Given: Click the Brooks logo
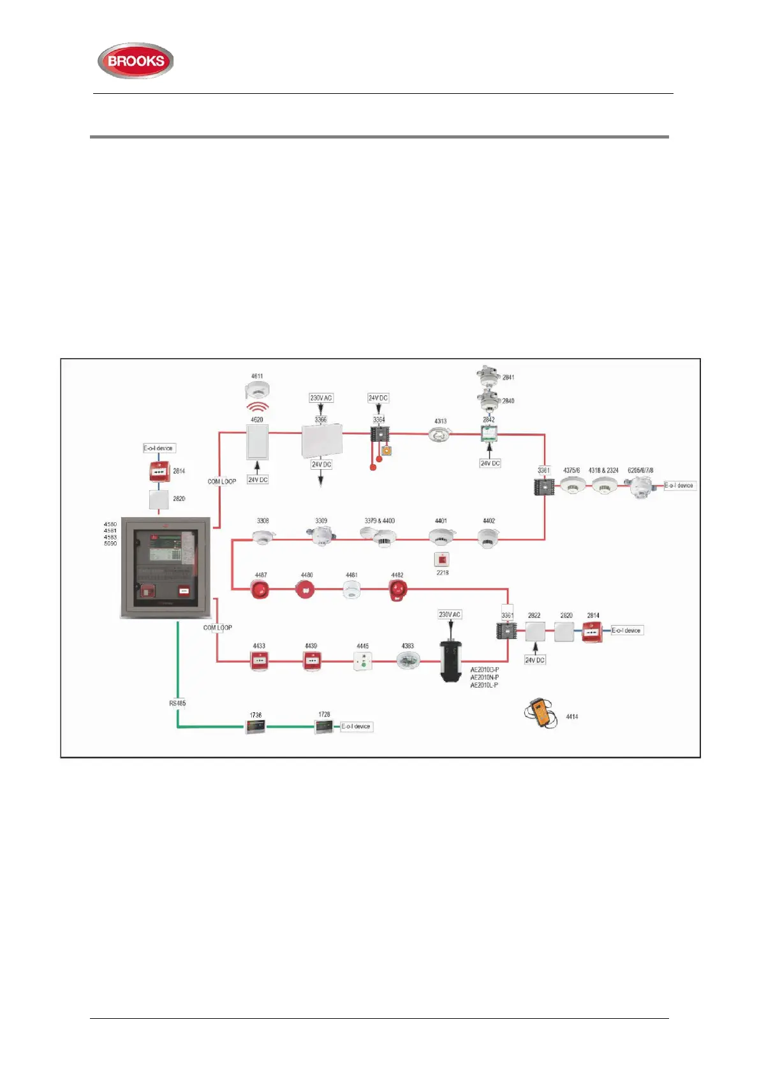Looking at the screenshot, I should pyautogui.click(x=135, y=61).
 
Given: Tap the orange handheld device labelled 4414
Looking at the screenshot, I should pyautogui.click(x=541, y=713).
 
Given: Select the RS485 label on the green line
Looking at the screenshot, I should pyautogui.click(x=177, y=703).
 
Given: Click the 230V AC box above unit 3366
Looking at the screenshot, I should pyautogui.click(x=321, y=398).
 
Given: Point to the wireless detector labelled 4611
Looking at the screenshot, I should pyautogui.click(x=258, y=390).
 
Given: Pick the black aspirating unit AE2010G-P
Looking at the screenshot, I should pyautogui.click(x=450, y=661).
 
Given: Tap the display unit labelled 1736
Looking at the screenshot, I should pyautogui.click(x=255, y=726).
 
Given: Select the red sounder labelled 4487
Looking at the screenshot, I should pyautogui.click(x=260, y=589).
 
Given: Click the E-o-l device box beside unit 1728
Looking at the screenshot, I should pyautogui.click(x=356, y=726).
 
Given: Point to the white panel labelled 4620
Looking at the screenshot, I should pyautogui.click(x=258, y=442).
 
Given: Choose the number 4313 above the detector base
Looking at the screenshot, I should pyautogui.click(x=440, y=421).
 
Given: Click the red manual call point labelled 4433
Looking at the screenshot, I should pyautogui.click(x=259, y=661).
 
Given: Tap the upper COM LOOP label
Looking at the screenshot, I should pyautogui.click(x=221, y=481).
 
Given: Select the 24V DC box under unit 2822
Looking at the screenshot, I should pyautogui.click(x=534, y=660).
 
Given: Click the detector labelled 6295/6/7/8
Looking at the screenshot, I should pyautogui.click(x=640, y=486).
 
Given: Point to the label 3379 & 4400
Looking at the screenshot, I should pyautogui.click(x=379, y=521).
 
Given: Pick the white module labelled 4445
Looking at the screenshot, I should pyautogui.click(x=362, y=661).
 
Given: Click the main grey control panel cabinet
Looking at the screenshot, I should pyautogui.click(x=166, y=567).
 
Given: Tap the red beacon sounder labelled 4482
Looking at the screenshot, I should pyautogui.click(x=397, y=590).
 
